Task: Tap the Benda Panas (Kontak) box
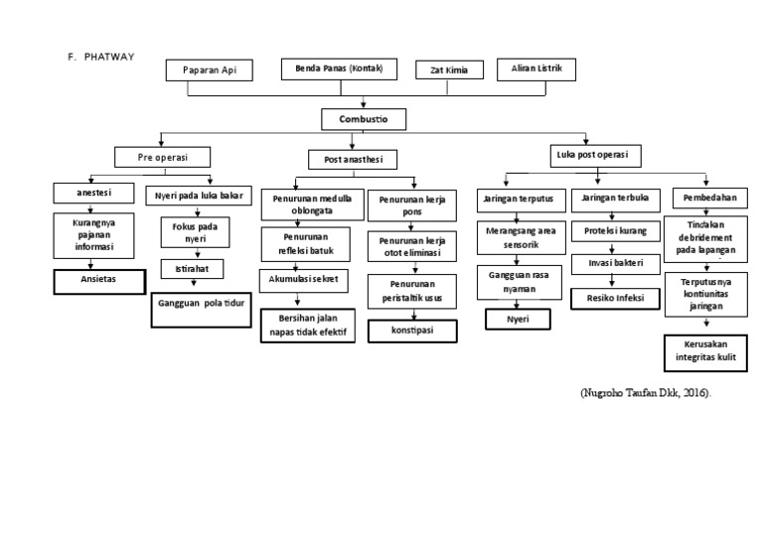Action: point(339,68)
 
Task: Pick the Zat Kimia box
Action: point(449,70)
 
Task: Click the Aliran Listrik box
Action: point(535,67)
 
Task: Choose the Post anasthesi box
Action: point(354,159)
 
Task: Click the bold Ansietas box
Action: point(98,280)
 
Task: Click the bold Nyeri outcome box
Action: point(517,319)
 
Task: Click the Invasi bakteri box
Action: point(614,262)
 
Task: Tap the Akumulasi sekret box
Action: point(304,280)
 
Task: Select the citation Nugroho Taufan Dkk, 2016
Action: point(647,394)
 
